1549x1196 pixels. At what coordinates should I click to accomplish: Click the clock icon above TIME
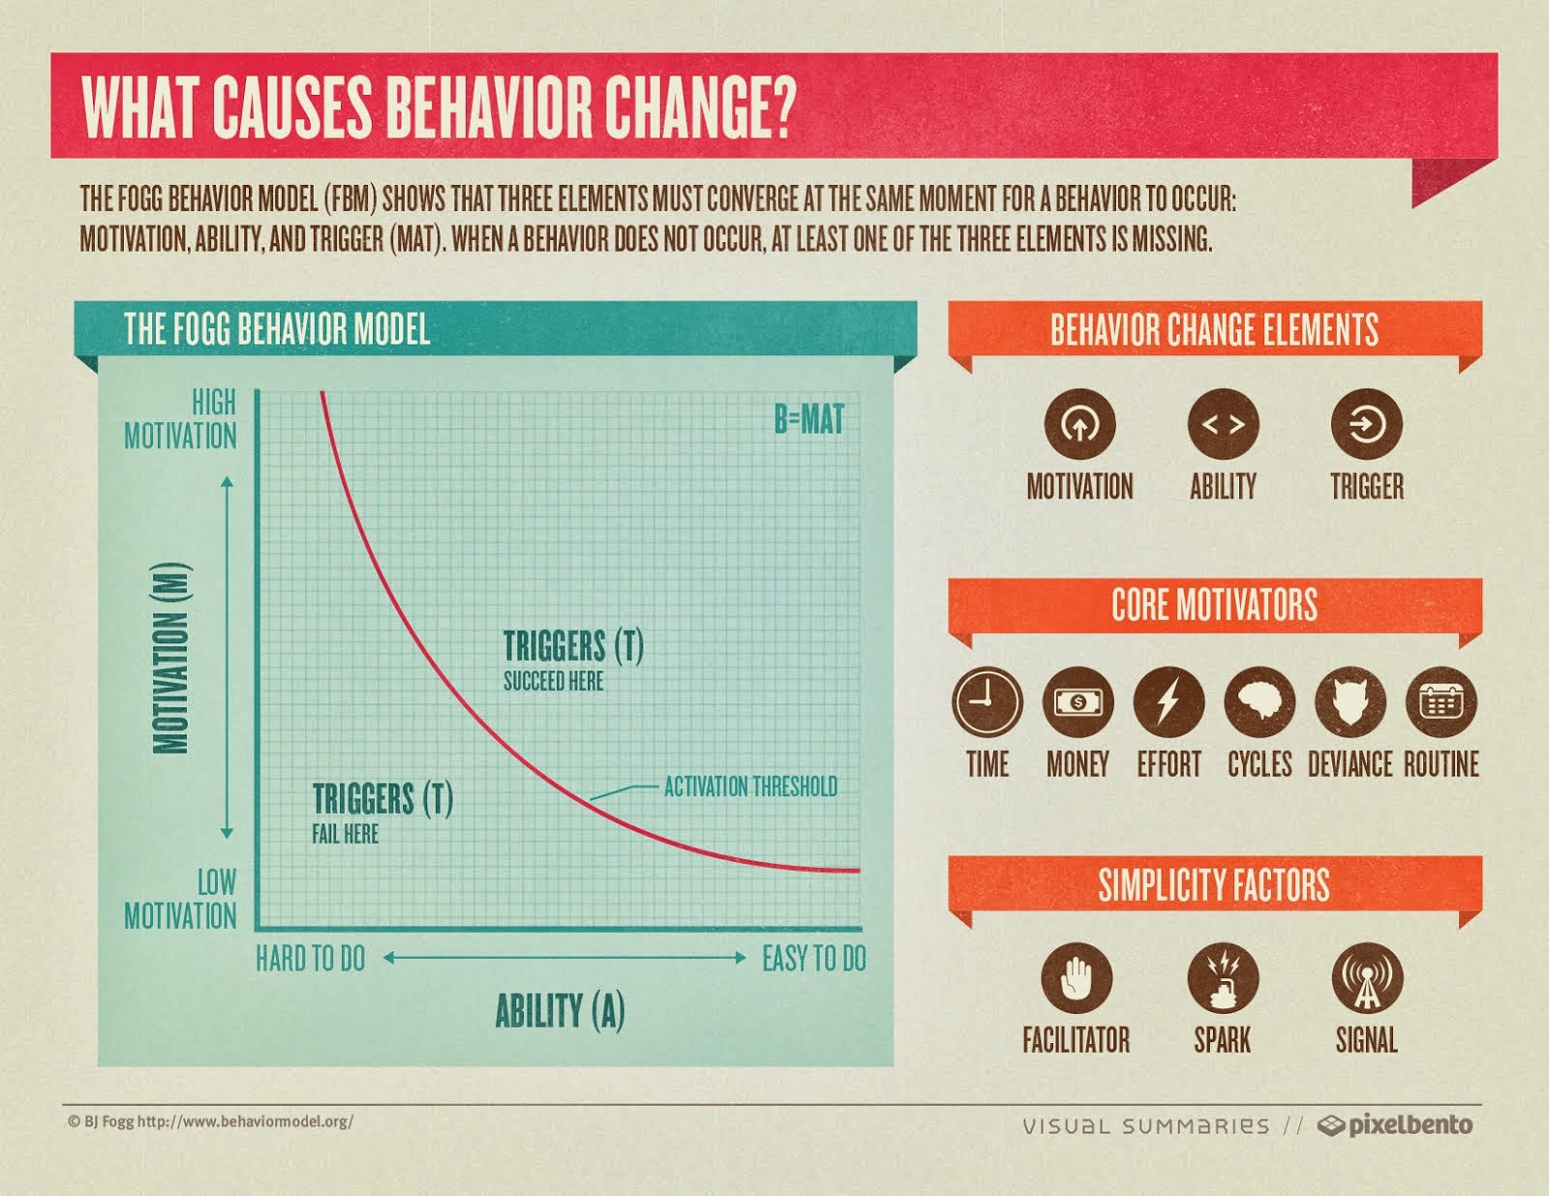point(987,702)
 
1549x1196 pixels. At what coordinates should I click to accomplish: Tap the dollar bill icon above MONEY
point(1078,702)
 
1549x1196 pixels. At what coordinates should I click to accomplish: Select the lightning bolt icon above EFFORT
point(1169,702)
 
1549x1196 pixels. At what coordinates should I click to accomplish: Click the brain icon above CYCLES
point(1260,702)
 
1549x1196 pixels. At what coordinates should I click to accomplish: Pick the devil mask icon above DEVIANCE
point(1351,702)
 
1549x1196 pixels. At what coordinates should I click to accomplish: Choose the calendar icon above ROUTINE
point(1441,702)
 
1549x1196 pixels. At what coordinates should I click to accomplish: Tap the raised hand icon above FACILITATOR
point(1077,977)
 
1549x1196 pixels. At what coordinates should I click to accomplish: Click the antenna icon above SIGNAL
point(1366,977)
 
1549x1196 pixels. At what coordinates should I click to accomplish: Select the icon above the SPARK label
point(1222,977)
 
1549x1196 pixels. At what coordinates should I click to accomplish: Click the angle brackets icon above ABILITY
point(1223,424)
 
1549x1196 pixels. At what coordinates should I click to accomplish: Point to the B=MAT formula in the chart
point(808,420)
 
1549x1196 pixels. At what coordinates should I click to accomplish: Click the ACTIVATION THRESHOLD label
point(750,787)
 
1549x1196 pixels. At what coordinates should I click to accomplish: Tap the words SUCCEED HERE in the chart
point(553,681)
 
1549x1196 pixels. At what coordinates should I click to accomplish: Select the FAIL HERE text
point(345,834)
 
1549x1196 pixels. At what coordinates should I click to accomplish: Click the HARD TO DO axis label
point(310,959)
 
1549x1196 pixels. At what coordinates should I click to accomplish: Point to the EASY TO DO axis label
point(813,959)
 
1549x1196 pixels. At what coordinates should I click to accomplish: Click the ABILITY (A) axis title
point(560,1011)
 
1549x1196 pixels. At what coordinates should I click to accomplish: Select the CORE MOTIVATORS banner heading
point(1214,606)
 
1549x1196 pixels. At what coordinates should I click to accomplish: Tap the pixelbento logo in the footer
point(1396,1125)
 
